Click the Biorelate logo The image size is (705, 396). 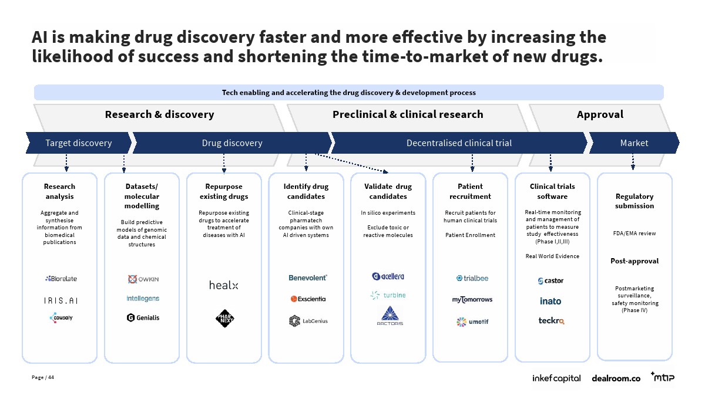[x=61, y=279]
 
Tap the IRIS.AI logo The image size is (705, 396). [x=61, y=301]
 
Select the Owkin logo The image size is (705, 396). [x=143, y=279]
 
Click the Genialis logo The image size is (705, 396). [x=143, y=318]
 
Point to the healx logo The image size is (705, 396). [x=224, y=285]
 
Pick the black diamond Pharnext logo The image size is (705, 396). [x=224, y=319]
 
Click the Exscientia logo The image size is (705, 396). [x=308, y=299]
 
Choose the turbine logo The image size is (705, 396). [x=388, y=295]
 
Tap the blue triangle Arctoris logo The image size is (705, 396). [x=390, y=316]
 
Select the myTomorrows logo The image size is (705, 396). [x=472, y=300]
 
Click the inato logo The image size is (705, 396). [x=550, y=301]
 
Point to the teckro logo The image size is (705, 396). [x=552, y=320]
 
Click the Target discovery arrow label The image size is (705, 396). [x=79, y=143]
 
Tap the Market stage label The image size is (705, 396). [x=634, y=143]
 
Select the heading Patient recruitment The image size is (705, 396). [x=470, y=191]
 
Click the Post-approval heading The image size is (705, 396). [x=634, y=261]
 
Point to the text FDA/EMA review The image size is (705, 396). [x=634, y=233]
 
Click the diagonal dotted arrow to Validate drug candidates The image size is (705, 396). [x=351, y=163]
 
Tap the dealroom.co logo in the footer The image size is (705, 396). [x=616, y=378]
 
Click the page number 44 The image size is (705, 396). [x=51, y=377]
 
